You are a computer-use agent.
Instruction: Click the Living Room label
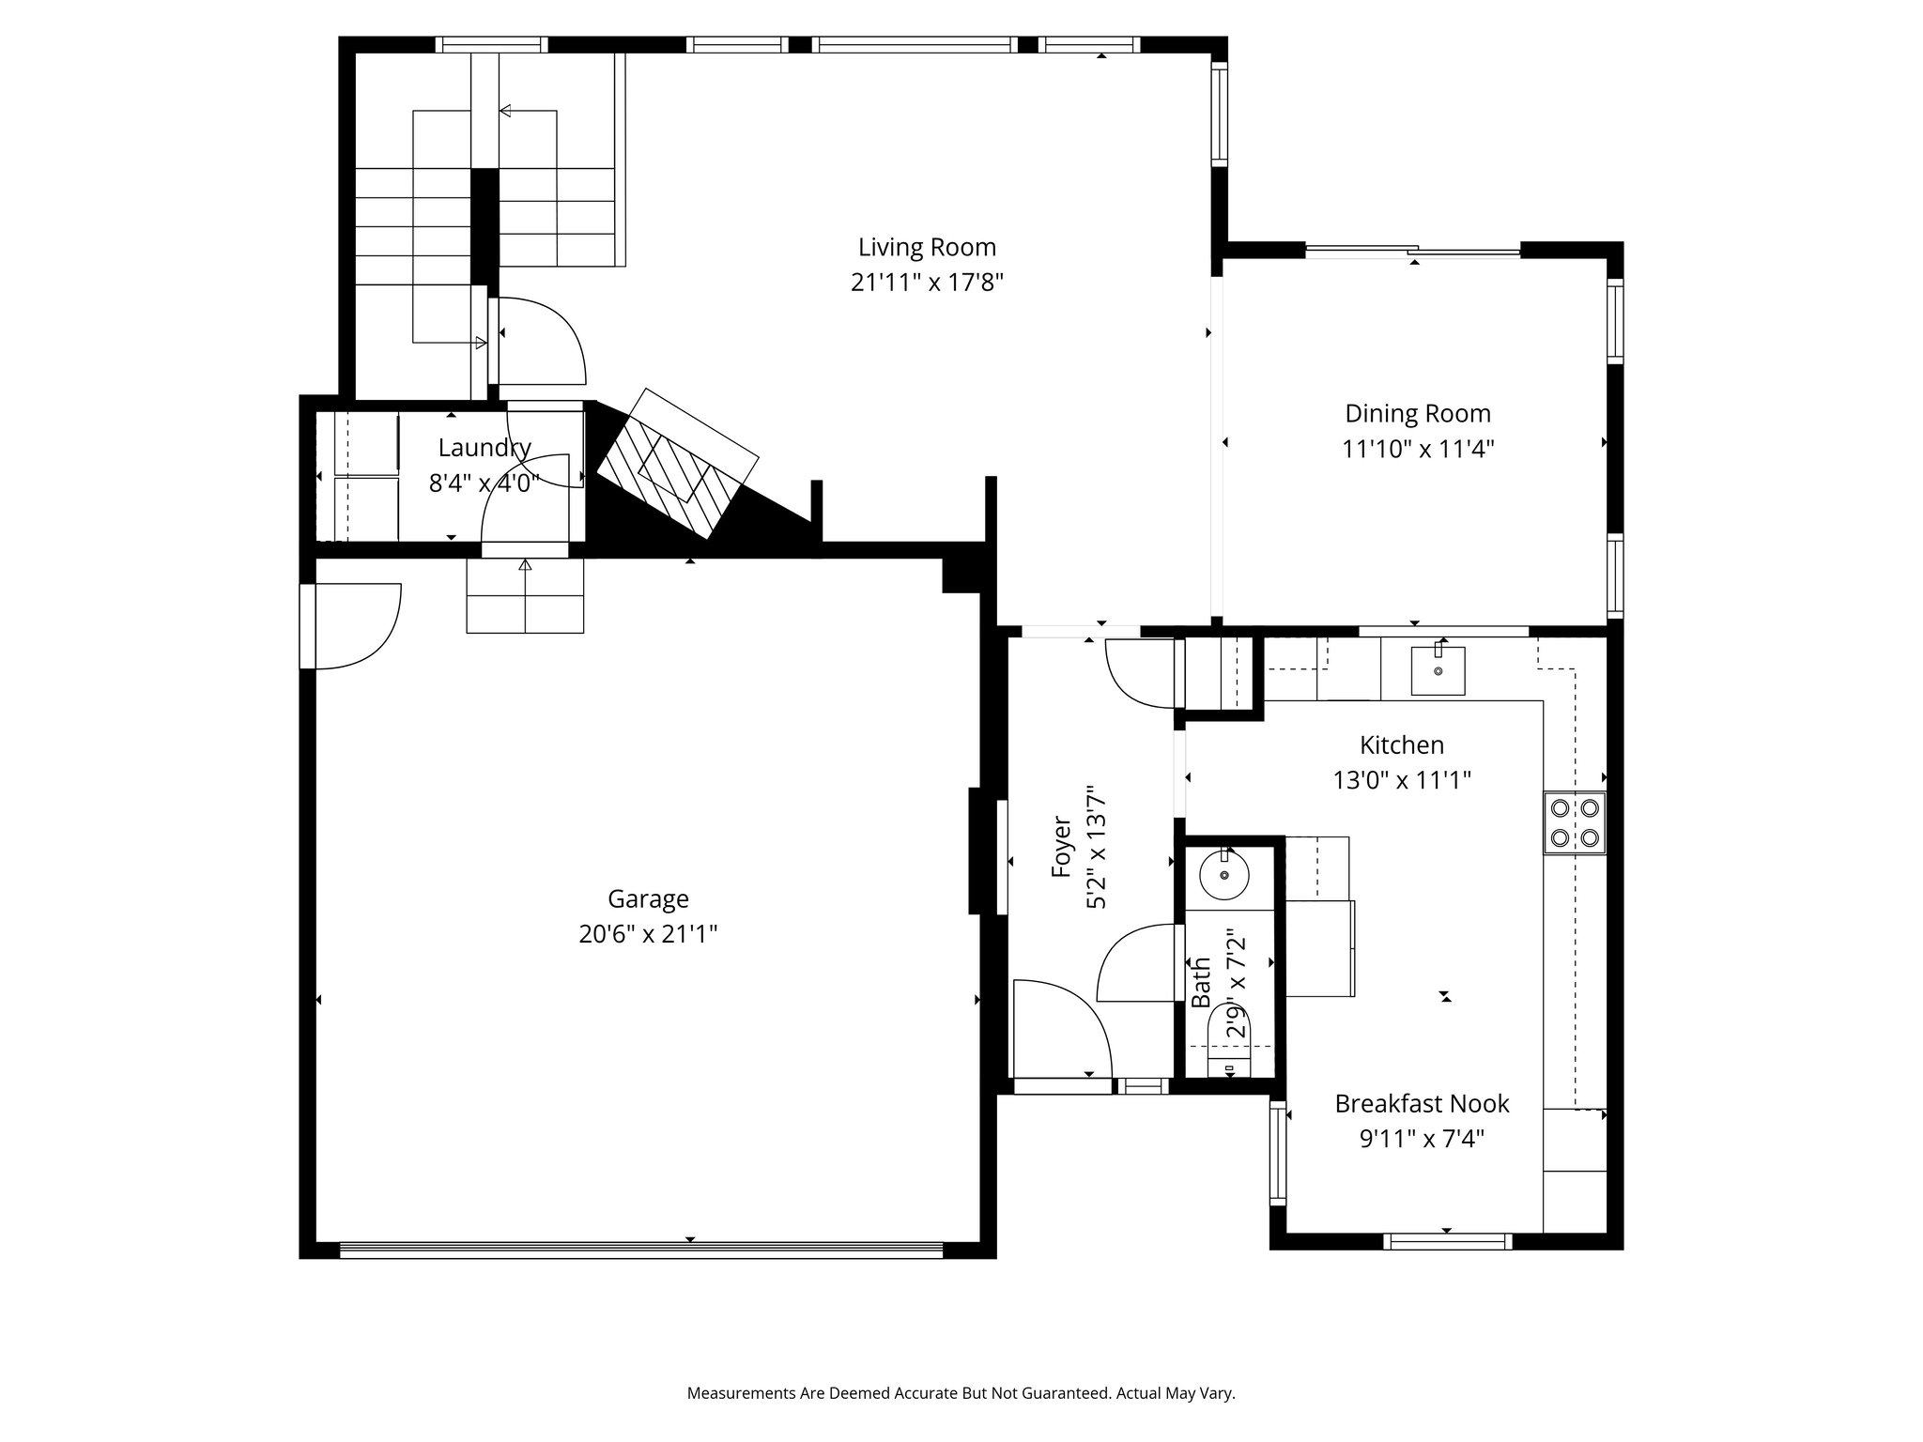coord(927,248)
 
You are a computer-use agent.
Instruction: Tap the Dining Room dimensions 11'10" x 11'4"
coord(1418,449)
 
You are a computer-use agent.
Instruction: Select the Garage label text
coord(648,899)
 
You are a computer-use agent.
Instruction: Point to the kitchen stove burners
coord(1575,822)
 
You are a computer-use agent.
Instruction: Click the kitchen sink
coord(1438,670)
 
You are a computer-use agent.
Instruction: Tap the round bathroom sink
coord(1224,875)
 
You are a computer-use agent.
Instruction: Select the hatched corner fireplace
coord(678,463)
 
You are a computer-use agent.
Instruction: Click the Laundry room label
coord(485,448)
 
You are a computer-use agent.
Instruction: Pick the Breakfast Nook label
coord(1422,1104)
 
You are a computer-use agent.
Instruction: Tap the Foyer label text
coord(1062,847)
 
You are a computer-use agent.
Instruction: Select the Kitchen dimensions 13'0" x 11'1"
coord(1402,780)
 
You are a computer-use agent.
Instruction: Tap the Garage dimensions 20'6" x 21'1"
coord(648,935)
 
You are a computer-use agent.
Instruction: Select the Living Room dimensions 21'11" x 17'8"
coord(927,283)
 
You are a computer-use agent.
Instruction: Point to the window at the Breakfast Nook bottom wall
coord(1447,1241)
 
